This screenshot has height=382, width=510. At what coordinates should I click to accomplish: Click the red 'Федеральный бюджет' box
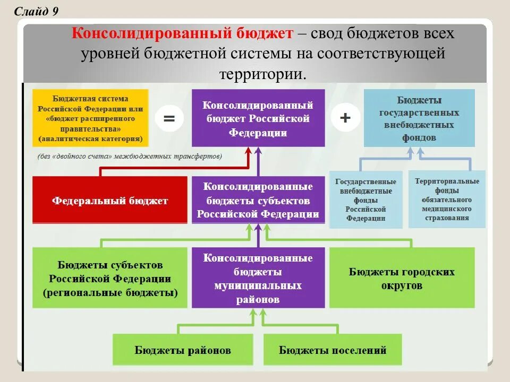coord(110,200)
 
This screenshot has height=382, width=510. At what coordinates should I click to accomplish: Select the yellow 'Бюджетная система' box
coord(90,118)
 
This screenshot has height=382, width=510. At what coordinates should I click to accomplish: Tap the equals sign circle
coord(169,118)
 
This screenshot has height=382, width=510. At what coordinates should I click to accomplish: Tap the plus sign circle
coord(345,117)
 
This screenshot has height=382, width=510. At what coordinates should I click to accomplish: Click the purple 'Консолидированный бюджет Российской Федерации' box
coord(258,118)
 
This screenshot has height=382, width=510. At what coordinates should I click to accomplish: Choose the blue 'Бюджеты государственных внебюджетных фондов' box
coord(419,118)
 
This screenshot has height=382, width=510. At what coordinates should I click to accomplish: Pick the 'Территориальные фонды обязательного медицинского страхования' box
coord(447,199)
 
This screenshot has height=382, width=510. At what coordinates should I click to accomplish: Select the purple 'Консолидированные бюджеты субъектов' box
coord(258,200)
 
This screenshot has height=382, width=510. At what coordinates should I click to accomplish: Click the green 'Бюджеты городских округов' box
coord(402,278)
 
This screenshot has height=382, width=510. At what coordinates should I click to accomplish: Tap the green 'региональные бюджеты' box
coord(110,278)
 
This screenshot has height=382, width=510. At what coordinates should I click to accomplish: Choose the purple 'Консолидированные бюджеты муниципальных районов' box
coord(258,278)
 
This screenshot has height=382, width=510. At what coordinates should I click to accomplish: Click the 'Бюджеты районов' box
coord(183,350)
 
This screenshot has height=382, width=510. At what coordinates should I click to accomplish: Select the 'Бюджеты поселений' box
coord(333,350)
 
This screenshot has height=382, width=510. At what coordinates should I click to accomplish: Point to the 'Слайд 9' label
coord(36,12)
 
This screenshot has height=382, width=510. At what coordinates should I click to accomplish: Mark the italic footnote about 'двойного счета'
coord(130,157)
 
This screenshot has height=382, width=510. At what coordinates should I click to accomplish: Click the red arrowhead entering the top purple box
coord(248,151)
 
